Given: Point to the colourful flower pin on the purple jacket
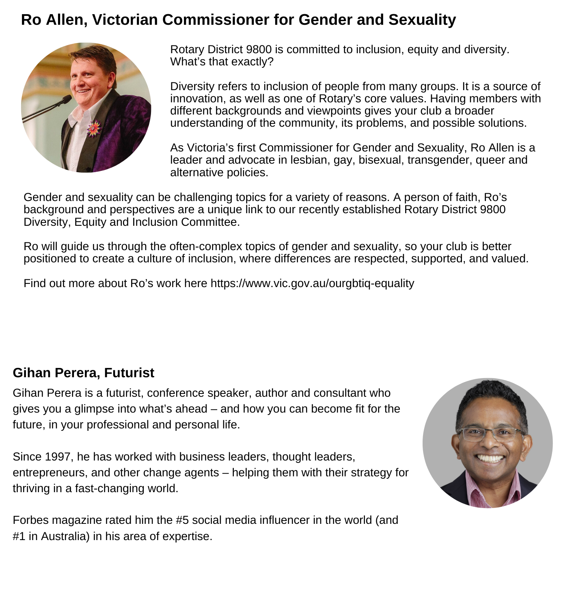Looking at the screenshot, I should pos(94,129).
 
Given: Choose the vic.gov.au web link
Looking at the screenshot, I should pos(312,283).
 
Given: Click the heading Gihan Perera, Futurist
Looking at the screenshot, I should pos(83,373).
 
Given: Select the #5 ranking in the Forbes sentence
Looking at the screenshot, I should pos(182,520).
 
